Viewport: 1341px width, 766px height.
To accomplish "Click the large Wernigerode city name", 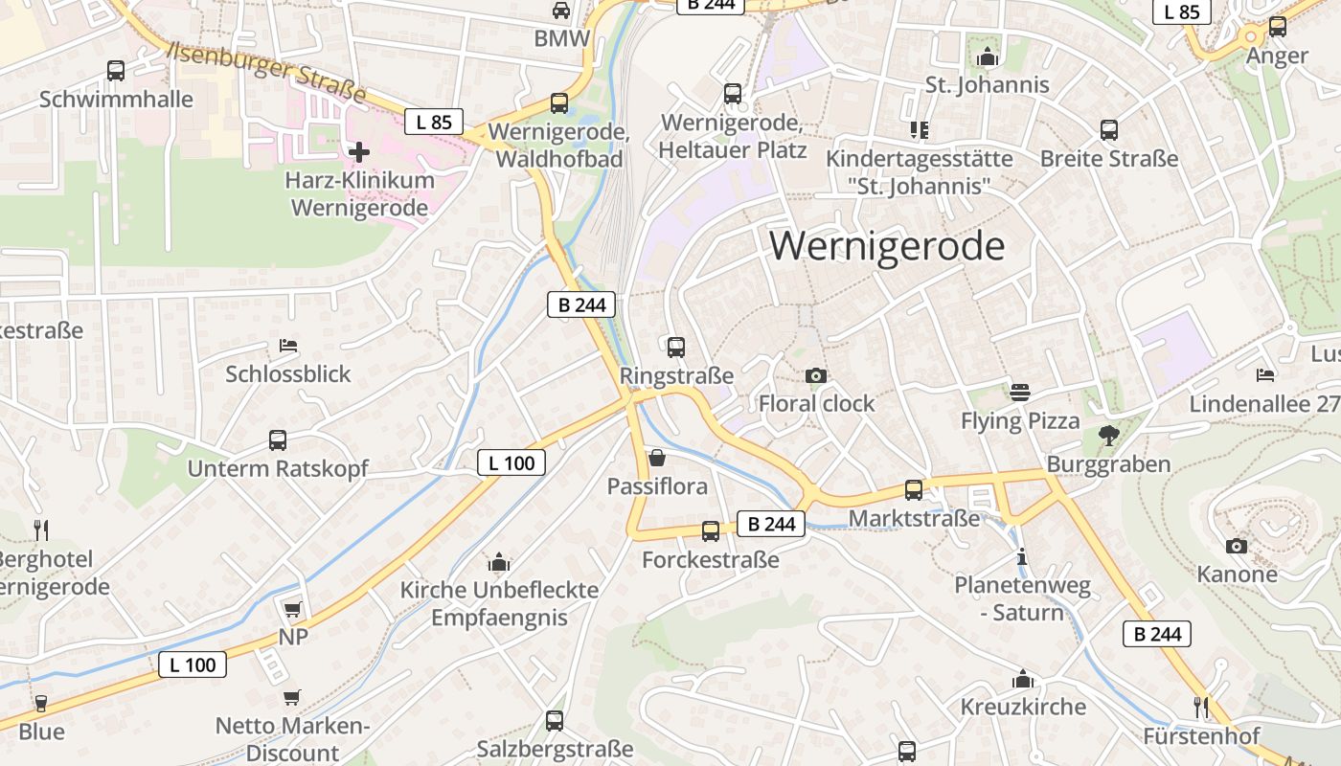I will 887,247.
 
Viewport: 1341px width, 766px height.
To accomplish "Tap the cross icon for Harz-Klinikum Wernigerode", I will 358,151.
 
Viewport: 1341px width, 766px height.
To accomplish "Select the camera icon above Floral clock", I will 816,375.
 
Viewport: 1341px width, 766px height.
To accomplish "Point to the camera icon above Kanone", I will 1237,546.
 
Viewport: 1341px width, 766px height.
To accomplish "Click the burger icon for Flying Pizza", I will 1019,393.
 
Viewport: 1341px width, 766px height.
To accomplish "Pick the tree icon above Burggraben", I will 1109,436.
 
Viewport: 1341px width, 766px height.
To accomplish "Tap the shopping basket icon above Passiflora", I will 657,458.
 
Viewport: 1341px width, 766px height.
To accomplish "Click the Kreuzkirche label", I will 1023,707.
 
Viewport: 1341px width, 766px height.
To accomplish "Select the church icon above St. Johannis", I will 987,57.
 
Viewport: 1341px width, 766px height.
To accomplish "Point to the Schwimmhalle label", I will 116,99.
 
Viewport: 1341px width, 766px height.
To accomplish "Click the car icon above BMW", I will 561,11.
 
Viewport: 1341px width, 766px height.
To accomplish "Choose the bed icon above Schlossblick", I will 288,345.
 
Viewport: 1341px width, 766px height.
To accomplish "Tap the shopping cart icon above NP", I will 293,609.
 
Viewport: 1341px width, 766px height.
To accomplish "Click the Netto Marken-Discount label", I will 291,739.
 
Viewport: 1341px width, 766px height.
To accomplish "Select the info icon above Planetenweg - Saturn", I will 1021,556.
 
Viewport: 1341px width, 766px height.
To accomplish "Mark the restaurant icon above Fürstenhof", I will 1201,708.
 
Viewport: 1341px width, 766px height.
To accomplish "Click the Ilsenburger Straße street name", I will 267,73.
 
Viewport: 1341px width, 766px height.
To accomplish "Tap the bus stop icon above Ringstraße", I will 676,347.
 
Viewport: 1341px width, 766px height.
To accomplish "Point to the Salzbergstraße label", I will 556,749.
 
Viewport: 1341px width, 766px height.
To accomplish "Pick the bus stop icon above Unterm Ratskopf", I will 278,440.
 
